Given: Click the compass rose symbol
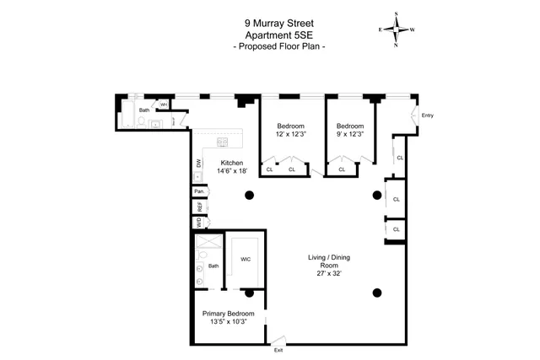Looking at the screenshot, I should point(393,29).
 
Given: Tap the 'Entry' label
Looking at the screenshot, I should point(427,116).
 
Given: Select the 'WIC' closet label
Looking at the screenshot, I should point(246,259).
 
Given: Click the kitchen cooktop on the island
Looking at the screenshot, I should point(223,142).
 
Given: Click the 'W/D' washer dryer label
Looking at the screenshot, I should point(199,223).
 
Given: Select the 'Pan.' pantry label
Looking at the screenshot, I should point(199,191).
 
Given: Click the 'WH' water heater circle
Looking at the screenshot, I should point(165,105).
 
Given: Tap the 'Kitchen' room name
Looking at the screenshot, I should point(232,163).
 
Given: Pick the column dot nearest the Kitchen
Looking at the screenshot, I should point(250,196).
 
